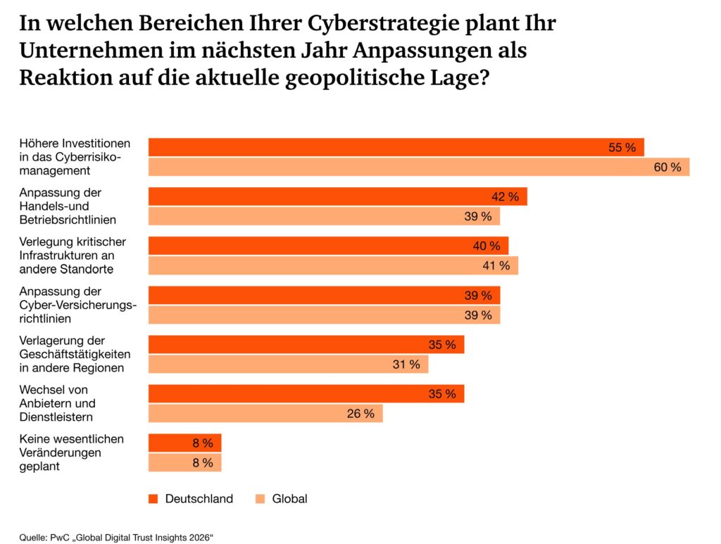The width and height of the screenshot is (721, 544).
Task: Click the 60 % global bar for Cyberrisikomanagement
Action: [x=418, y=167]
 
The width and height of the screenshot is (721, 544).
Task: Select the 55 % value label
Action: [x=622, y=148]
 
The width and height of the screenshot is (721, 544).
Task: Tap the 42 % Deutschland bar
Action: [x=337, y=196]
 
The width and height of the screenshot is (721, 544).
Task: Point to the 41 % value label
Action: [x=496, y=265]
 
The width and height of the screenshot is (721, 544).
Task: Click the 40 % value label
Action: [x=487, y=246]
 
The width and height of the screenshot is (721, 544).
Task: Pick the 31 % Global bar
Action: [x=288, y=364]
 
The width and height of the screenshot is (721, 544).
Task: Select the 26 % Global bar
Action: [x=265, y=413]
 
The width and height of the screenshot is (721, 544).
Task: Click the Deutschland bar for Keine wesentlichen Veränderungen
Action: [x=184, y=443]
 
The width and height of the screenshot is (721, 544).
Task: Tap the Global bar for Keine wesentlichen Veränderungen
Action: [x=184, y=462]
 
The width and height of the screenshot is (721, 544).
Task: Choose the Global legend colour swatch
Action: [x=260, y=499]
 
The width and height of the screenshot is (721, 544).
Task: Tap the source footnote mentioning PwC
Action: [x=116, y=538]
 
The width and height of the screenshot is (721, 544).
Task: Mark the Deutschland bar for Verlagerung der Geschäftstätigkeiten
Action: [x=306, y=344]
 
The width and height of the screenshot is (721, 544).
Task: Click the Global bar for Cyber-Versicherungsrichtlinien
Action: [x=324, y=315]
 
